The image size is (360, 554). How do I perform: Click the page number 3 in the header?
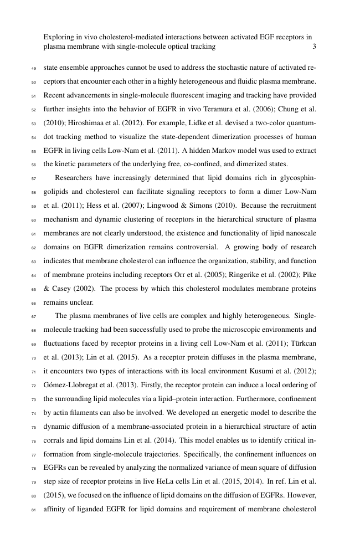coord(314,47)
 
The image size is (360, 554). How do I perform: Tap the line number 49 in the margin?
coord(32,70)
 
